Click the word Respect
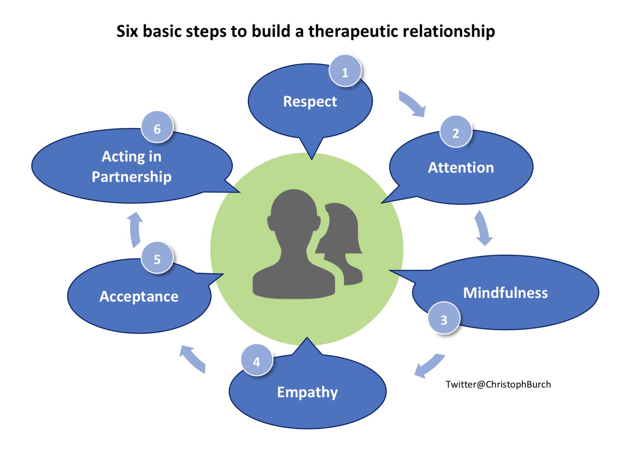[x=310, y=102]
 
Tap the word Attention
[x=461, y=167]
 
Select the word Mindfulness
[x=505, y=293]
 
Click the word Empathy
[x=307, y=392]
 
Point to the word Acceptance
[x=139, y=297]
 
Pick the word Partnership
[x=131, y=177]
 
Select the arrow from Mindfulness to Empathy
[x=430, y=366]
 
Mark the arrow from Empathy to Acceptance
[x=193, y=359]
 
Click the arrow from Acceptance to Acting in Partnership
[x=136, y=230]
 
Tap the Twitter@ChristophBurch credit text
[x=498, y=385]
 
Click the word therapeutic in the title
[x=353, y=32]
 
